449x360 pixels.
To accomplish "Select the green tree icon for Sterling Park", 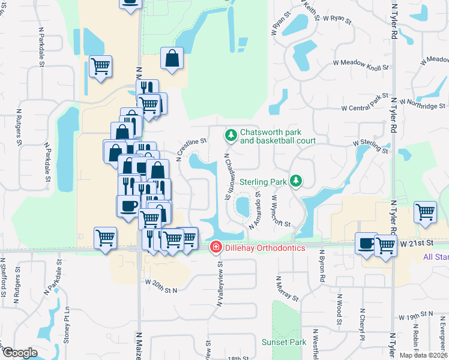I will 295,181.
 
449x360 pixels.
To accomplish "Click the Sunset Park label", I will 284,342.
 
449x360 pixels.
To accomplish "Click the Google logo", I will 20,353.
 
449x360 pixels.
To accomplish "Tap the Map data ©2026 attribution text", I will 424,355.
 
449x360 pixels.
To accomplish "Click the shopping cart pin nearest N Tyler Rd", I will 425,213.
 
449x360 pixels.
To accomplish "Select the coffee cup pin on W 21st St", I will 366,244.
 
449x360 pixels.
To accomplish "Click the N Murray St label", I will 287,289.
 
